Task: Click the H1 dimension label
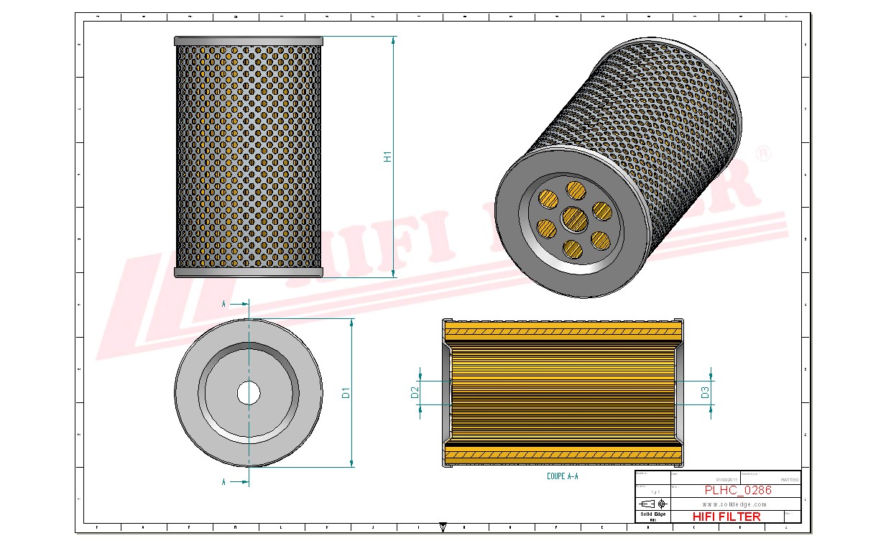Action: (387, 157)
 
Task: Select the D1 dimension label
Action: (346, 393)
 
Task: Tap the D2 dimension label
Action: (415, 392)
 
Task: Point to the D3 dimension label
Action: (705, 392)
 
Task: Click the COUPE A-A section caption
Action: (562, 476)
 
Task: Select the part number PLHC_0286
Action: (737, 491)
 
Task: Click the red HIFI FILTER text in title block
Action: (726, 516)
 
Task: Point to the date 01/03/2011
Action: (726, 480)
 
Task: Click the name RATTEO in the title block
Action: (788, 480)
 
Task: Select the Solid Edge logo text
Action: (652, 514)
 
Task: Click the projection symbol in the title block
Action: (652, 504)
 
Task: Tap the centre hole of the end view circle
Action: (249, 393)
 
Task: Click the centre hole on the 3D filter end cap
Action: (573, 216)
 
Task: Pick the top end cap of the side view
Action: (249, 42)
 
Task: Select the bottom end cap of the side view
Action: (249, 272)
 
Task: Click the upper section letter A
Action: (224, 305)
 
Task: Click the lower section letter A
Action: (224, 482)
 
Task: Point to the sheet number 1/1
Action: (652, 491)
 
